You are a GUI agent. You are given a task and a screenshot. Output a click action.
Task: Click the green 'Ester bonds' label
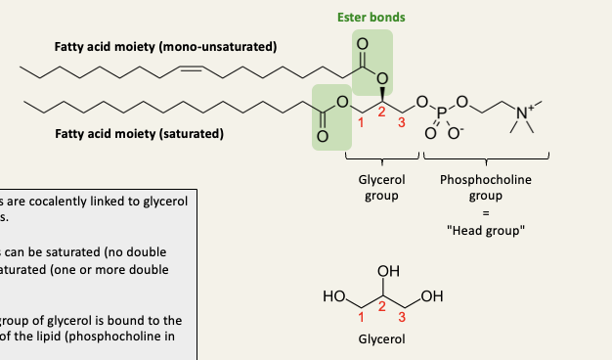click(371, 17)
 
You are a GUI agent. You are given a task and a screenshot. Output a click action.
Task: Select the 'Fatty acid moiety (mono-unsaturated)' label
click(165, 47)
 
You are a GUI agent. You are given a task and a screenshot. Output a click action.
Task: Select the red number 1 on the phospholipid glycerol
click(360, 122)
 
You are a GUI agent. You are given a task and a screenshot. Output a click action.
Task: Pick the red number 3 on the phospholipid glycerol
click(399, 122)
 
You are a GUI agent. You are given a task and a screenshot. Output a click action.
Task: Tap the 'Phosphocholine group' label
click(486, 188)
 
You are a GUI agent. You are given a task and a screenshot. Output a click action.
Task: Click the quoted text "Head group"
click(486, 231)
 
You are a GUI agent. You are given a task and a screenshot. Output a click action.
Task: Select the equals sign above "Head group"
click(486, 214)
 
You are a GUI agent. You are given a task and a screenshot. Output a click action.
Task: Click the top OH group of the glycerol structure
click(387, 271)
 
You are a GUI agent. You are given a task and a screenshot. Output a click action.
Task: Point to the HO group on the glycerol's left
click(333, 295)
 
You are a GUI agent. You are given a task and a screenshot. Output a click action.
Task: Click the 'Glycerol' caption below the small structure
click(381, 339)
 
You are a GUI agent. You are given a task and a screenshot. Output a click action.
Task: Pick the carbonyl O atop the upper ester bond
click(363, 43)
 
